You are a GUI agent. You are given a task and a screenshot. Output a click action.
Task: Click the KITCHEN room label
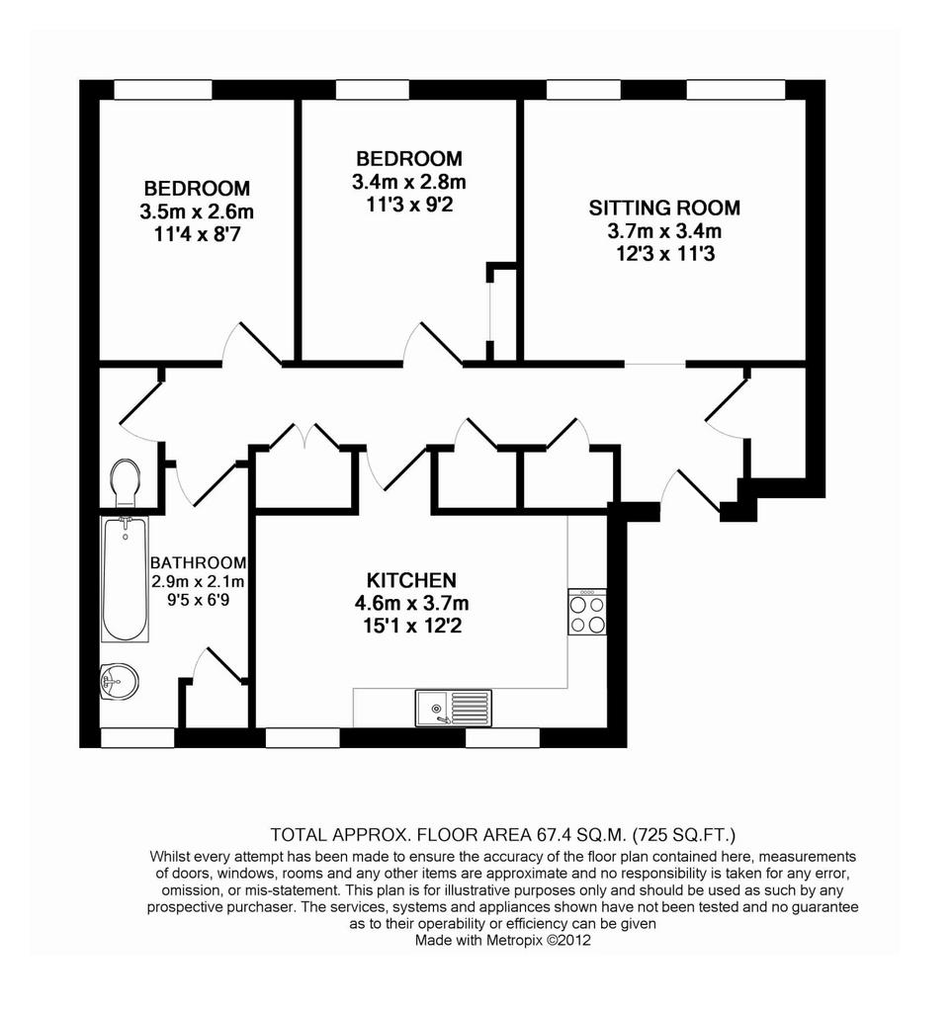point(411,579)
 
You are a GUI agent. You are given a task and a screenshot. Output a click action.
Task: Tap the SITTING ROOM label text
point(664,208)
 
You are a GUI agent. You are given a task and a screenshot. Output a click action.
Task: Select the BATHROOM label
point(198,562)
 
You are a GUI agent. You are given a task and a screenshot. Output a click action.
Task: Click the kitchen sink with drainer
point(453,708)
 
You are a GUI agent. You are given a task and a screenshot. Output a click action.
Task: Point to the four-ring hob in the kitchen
point(586,611)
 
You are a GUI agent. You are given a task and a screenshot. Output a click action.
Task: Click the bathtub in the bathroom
point(126,578)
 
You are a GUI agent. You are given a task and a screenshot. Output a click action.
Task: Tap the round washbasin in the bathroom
point(120,680)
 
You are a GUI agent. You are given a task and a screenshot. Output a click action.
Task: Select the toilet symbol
point(126,482)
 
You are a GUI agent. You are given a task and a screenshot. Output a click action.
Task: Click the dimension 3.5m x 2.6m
point(197,211)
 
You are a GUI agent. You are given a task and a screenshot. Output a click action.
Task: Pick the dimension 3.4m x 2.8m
point(409,182)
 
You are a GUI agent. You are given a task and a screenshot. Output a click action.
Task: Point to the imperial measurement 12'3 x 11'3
point(665,254)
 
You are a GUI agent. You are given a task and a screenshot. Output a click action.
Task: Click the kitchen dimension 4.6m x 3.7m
point(412,604)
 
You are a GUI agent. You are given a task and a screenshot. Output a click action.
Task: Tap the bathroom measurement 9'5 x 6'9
point(198,600)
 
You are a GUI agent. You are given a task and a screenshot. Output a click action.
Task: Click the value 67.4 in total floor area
point(554,834)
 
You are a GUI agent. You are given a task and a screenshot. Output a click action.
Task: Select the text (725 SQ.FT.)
point(684,835)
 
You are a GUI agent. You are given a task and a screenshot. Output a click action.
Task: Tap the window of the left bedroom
point(163,90)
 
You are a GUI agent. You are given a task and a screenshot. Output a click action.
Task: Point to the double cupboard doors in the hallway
point(304,436)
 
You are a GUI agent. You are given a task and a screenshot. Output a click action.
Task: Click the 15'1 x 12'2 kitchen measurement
point(412,626)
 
